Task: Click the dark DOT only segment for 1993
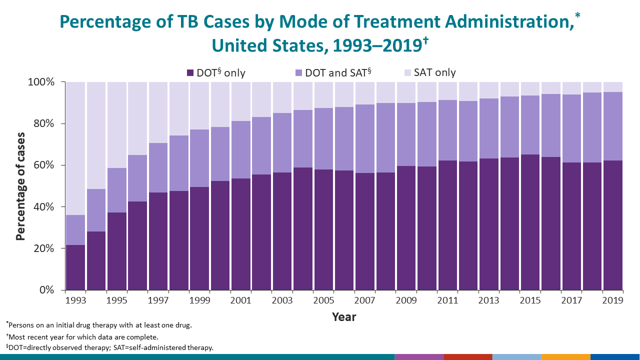click(x=75, y=267)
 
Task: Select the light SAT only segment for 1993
click(x=75, y=148)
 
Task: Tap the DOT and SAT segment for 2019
click(x=612, y=126)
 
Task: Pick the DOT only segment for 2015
click(x=530, y=222)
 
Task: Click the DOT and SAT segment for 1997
click(x=158, y=167)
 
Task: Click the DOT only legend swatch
click(x=190, y=73)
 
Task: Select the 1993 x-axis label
click(x=75, y=300)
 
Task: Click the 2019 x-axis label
click(x=612, y=300)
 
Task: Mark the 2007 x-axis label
click(x=364, y=300)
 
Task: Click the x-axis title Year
click(x=344, y=317)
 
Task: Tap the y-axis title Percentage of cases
click(x=20, y=186)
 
